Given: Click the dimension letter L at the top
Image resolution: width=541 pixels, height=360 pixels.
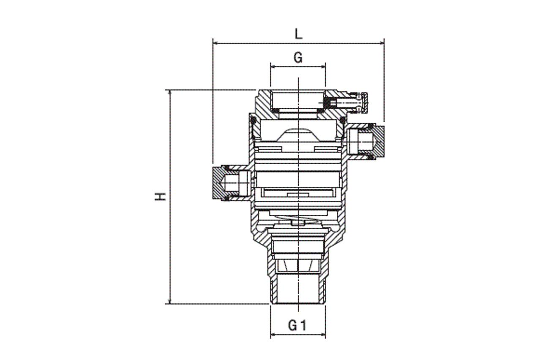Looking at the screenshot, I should tap(299, 34).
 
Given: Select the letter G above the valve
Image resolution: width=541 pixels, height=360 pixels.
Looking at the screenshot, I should tap(298, 58).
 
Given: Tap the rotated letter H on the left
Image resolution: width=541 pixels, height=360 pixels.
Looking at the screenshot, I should tap(160, 196).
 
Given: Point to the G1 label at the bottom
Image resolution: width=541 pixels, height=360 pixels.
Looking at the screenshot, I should tap(297, 325).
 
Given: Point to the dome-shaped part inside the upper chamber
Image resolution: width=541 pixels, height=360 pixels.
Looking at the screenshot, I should tap(298, 135).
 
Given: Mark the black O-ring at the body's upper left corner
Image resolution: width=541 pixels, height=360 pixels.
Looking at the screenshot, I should tap(254, 121).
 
